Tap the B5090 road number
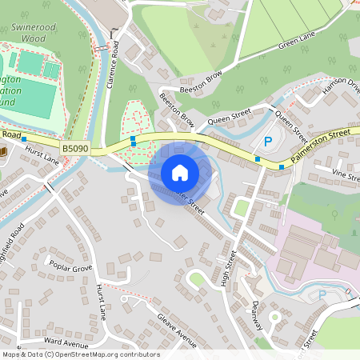[74, 149]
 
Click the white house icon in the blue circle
[180, 172]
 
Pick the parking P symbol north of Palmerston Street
[268, 142]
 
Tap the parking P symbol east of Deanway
[322, 295]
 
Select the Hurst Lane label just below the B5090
[42, 160]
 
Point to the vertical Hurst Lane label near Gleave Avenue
[102, 298]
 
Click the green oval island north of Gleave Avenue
[195, 278]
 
